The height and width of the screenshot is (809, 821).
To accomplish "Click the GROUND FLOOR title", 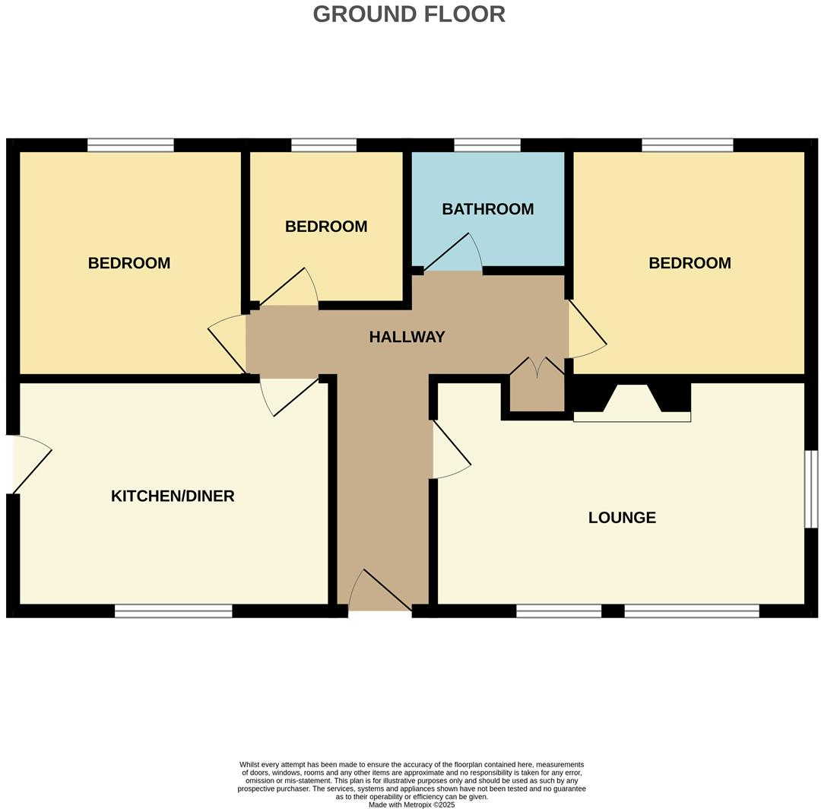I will [x=409, y=14].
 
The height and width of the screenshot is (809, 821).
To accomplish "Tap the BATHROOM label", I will [x=487, y=209].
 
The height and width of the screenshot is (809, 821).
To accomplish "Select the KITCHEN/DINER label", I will [x=173, y=497].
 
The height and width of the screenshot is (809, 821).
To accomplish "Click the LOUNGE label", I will [x=622, y=518].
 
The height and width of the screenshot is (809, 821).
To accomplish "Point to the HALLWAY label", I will [x=407, y=337].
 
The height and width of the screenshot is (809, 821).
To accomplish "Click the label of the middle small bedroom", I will [x=326, y=227].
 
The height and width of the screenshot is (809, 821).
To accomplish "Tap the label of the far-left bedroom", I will [x=129, y=263].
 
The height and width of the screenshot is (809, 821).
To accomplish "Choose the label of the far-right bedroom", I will [x=689, y=263].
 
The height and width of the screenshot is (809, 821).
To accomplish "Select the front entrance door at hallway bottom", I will [x=380, y=592].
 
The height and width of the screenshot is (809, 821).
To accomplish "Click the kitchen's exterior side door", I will [x=30, y=464].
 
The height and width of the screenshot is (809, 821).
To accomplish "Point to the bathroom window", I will [x=487, y=145].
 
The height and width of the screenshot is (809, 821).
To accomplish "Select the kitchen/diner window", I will [x=173, y=611].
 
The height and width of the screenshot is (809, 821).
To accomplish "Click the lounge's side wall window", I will [x=811, y=489].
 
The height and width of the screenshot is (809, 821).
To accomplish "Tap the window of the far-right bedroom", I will [x=687, y=145].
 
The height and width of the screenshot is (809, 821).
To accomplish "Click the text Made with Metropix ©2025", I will [x=411, y=804].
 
